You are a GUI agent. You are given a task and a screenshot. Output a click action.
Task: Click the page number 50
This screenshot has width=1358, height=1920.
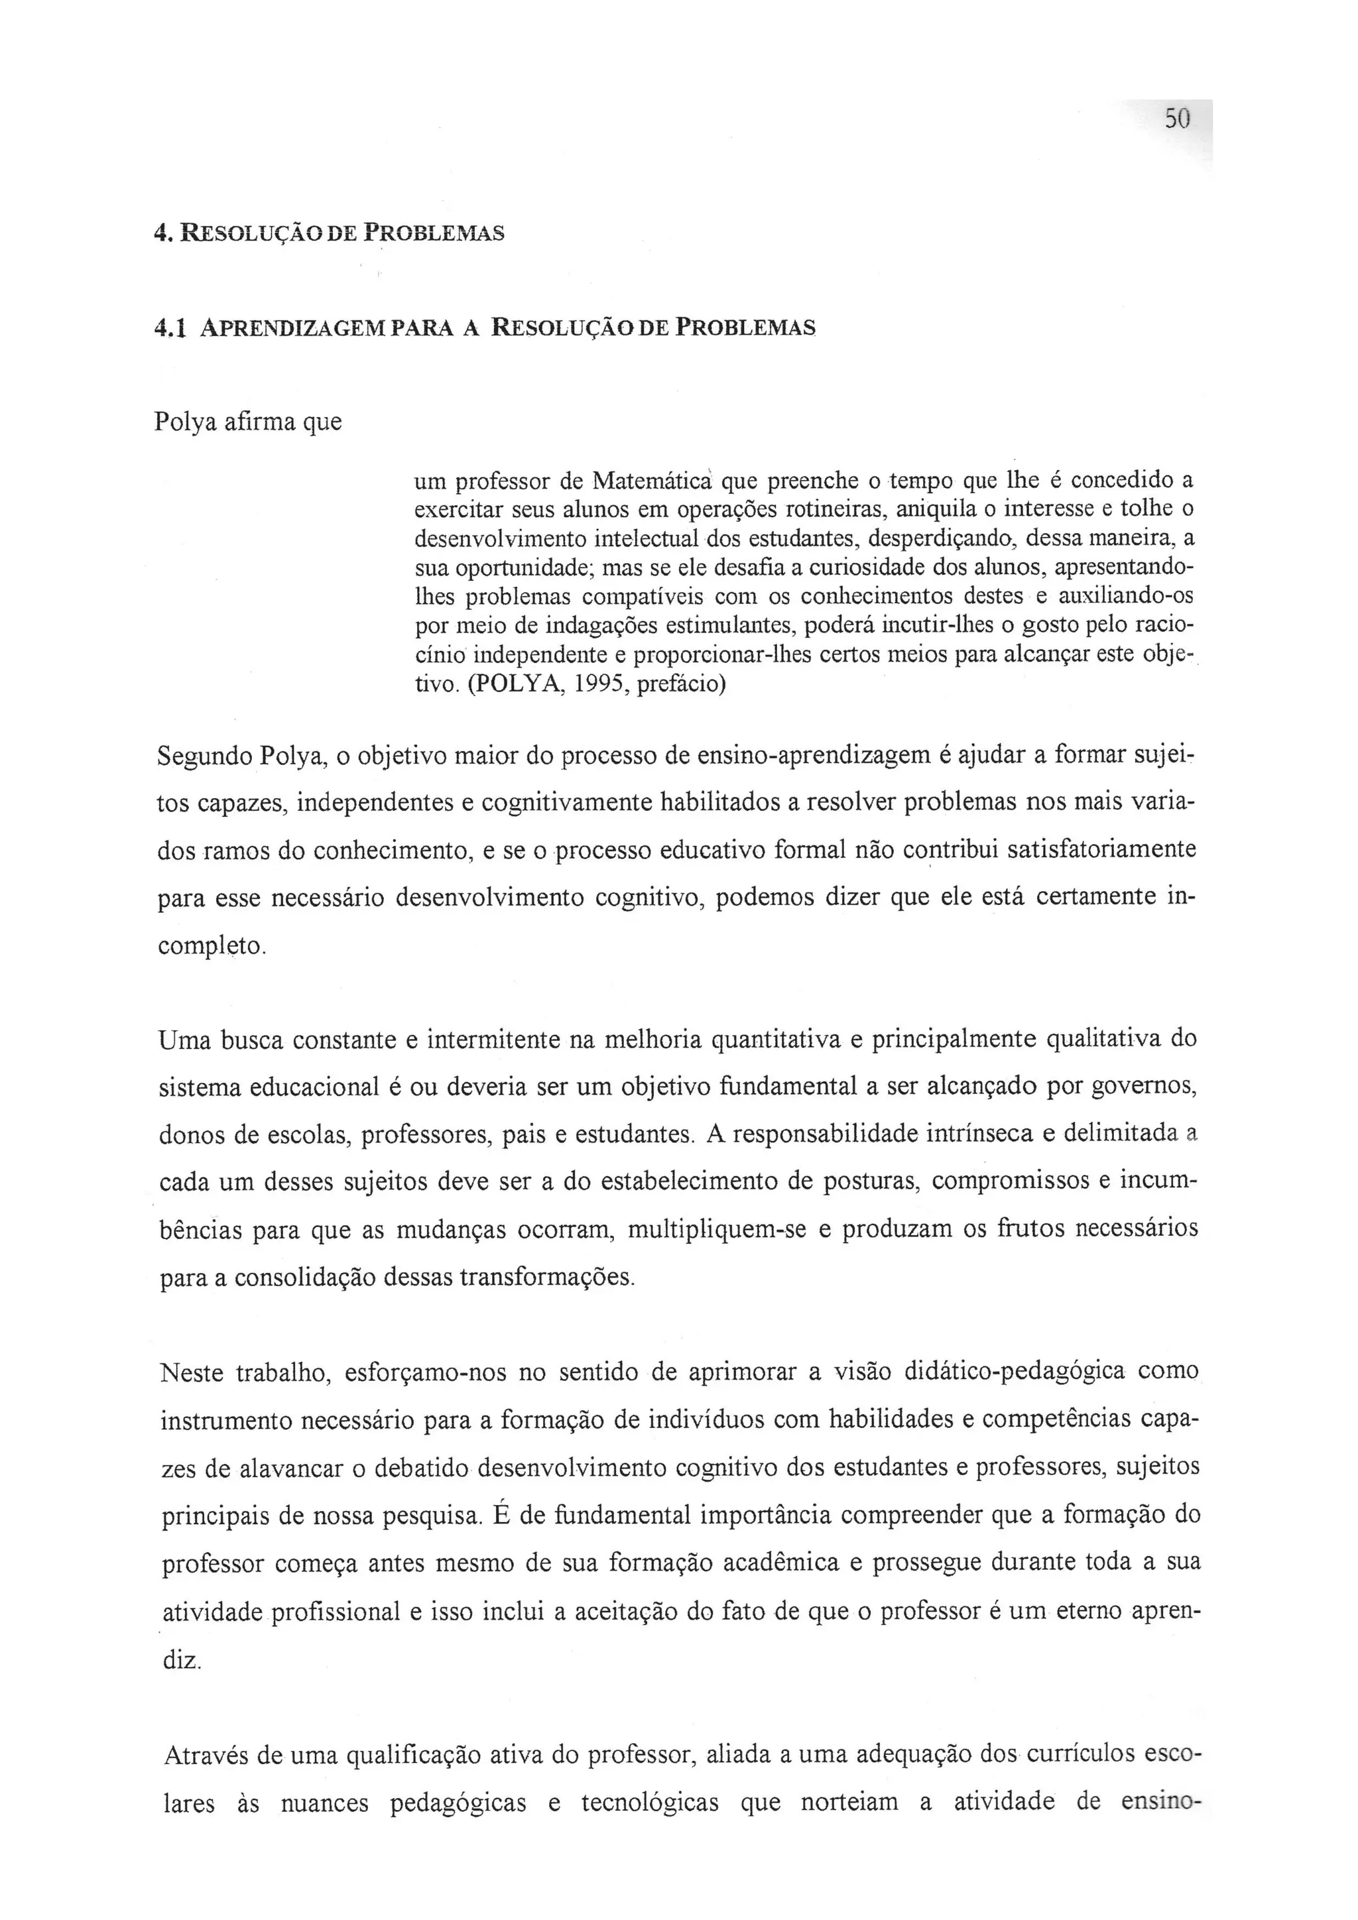click(x=1176, y=119)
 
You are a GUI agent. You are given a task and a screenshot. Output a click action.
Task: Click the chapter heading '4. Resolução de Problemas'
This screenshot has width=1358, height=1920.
click(x=330, y=233)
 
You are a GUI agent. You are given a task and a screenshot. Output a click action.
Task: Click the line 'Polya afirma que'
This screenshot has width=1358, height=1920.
click(x=249, y=422)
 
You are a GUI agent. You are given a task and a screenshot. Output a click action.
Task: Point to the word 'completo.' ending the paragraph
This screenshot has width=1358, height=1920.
click(x=212, y=947)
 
